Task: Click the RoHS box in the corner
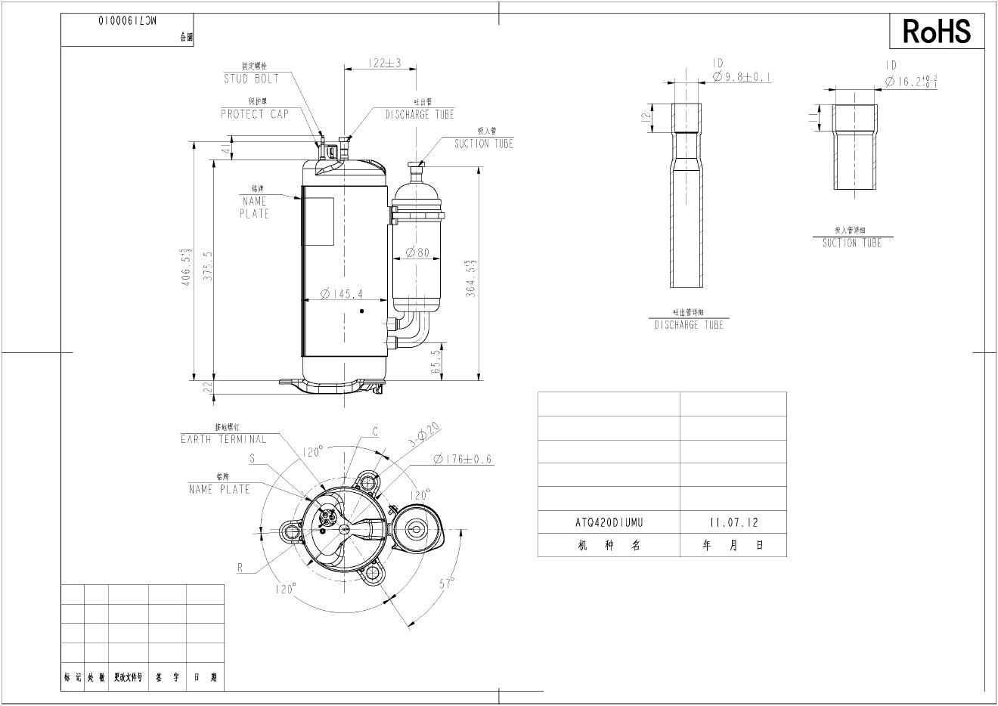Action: (936, 31)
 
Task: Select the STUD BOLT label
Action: (251, 79)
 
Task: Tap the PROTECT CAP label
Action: (255, 114)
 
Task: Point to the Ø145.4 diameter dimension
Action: (341, 294)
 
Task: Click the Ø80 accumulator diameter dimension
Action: (417, 252)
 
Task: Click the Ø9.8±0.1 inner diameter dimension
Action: (742, 77)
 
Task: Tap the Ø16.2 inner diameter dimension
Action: (912, 81)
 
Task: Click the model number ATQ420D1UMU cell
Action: (609, 522)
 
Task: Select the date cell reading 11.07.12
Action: (733, 522)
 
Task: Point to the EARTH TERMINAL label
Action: (223, 439)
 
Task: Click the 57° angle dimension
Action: (448, 584)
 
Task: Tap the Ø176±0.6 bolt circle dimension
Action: (463, 459)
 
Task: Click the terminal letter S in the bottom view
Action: (252, 459)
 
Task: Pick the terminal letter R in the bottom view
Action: (240, 568)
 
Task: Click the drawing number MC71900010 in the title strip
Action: (129, 23)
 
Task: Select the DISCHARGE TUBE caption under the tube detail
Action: (689, 325)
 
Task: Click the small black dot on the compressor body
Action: (362, 311)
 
